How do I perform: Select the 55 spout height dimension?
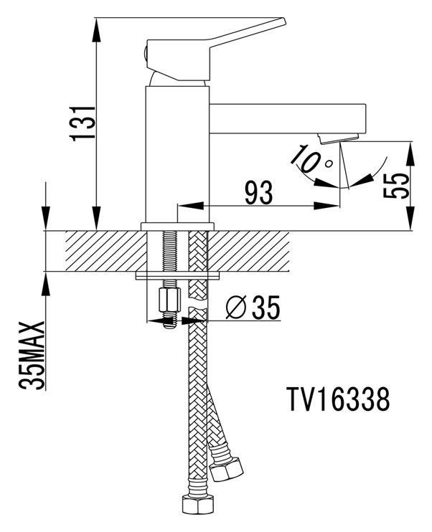(398, 186)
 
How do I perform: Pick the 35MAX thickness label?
(33, 356)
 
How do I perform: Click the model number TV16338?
(337, 400)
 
